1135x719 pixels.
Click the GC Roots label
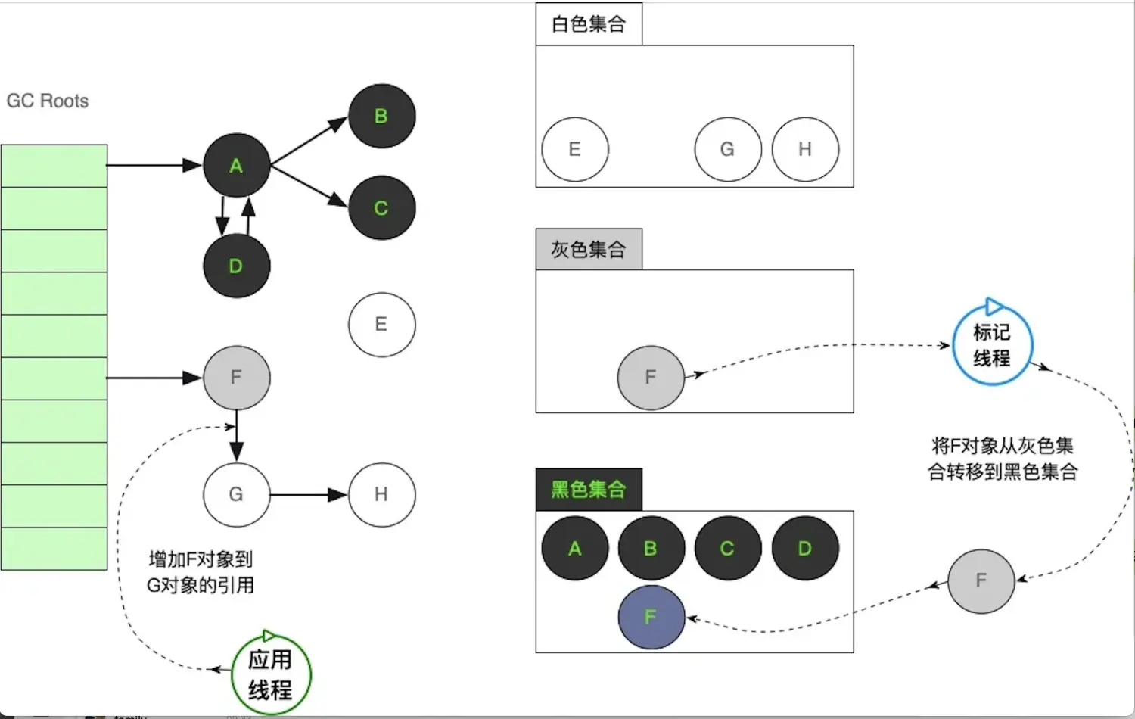click(x=48, y=101)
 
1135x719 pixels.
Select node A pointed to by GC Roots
click(x=236, y=166)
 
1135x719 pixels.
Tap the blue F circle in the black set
click(x=651, y=617)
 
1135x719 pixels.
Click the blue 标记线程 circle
click(x=992, y=344)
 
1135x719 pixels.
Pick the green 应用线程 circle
click(x=270, y=674)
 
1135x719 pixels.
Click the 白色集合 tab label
click(x=589, y=24)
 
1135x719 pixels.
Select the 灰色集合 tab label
click(x=589, y=250)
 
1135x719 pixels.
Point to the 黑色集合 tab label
click(x=589, y=490)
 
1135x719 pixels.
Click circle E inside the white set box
click(x=575, y=149)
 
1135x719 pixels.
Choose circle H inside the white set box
click(x=805, y=149)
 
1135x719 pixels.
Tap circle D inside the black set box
click(x=805, y=548)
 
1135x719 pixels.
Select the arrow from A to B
click(x=309, y=141)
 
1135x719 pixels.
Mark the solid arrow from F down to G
click(x=237, y=435)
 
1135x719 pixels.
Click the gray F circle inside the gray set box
click(x=651, y=377)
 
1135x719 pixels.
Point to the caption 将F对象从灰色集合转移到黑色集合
click(x=1003, y=459)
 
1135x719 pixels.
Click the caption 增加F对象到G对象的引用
click(x=201, y=572)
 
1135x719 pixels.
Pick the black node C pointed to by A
click(x=381, y=208)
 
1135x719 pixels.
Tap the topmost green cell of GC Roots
click(x=54, y=166)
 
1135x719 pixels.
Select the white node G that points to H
click(x=236, y=495)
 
